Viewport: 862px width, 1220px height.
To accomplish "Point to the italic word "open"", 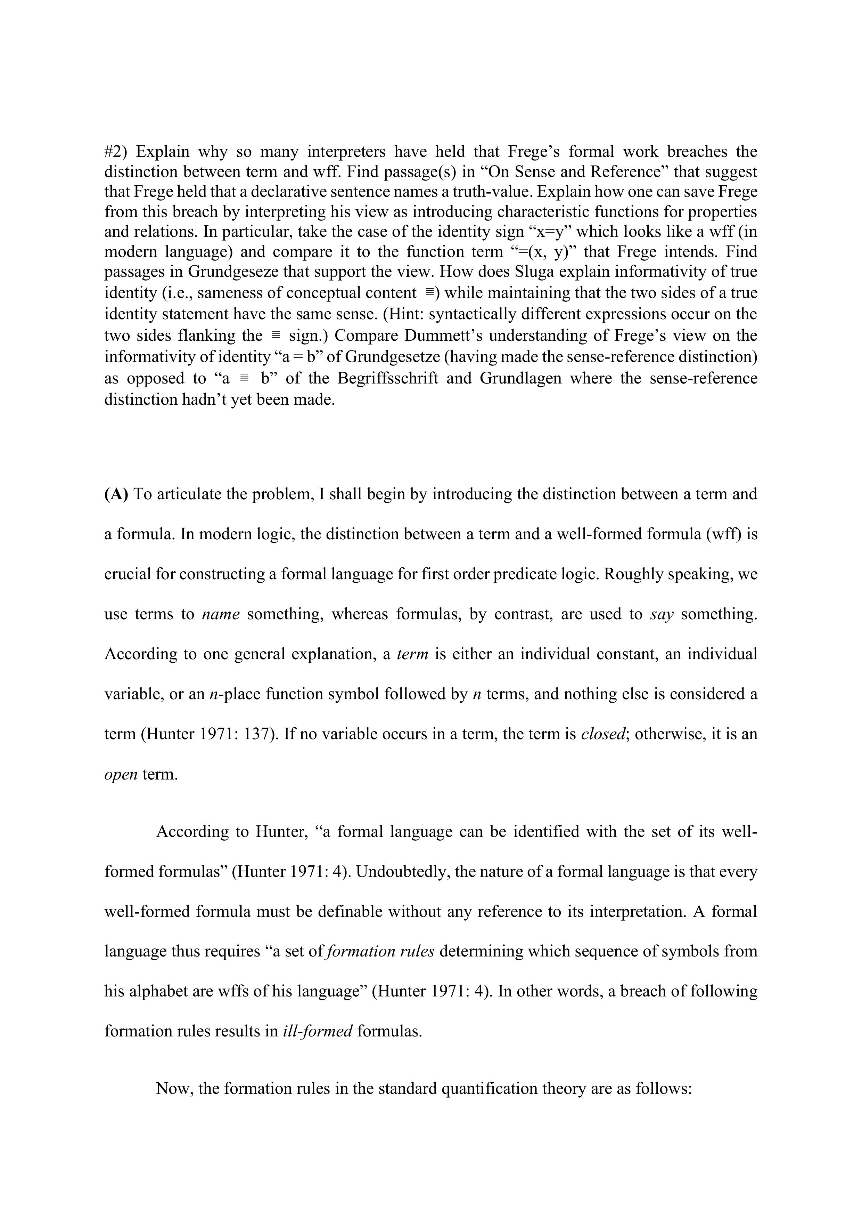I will click(x=121, y=774).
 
